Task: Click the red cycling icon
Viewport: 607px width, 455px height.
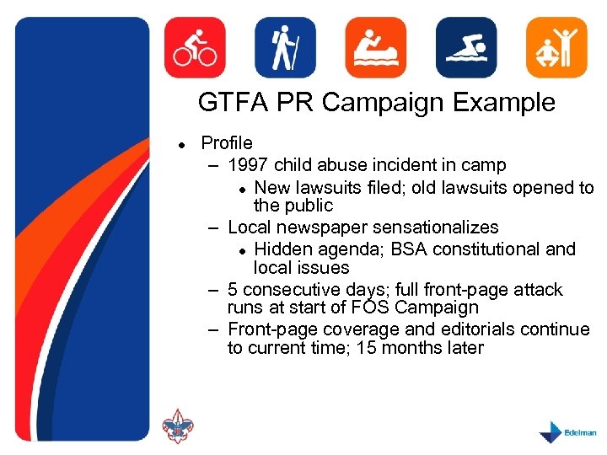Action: pyautogui.click(x=195, y=47)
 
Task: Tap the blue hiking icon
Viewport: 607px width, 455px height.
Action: pyautogui.click(x=286, y=47)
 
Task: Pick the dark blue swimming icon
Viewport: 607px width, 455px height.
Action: pyautogui.click(x=466, y=47)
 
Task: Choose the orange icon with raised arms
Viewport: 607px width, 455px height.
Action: pyautogui.click(x=556, y=47)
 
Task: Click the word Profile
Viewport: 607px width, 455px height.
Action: pyautogui.click(x=226, y=143)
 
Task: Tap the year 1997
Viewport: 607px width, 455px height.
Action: pyautogui.click(x=250, y=165)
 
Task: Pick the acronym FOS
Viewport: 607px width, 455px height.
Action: pyautogui.click(x=368, y=308)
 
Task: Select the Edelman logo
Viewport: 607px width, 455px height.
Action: pyautogui.click(x=567, y=431)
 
